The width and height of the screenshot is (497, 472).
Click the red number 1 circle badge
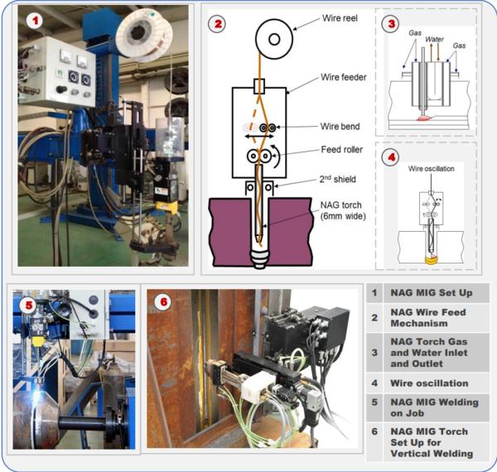tap(35, 22)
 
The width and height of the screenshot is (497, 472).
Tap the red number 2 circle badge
tap(217, 24)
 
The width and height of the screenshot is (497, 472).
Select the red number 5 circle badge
tap(29, 306)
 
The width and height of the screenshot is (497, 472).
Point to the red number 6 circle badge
tap(163, 302)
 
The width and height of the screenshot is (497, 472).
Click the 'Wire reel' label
tap(340, 18)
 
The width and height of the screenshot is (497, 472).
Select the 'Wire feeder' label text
tap(344, 77)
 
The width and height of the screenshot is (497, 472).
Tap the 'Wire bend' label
tap(340, 127)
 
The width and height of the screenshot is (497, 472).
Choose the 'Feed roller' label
tap(341, 150)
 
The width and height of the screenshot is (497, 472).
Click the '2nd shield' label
tap(338, 180)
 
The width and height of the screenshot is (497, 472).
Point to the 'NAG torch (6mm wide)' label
tap(343, 210)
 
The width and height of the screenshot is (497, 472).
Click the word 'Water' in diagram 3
tap(434, 39)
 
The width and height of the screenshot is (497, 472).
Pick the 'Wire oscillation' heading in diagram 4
tap(431, 169)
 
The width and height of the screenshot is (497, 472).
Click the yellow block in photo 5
tap(38, 341)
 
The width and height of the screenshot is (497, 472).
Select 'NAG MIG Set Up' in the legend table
tap(432, 293)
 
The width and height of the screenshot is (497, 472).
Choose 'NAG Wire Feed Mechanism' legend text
tap(428, 318)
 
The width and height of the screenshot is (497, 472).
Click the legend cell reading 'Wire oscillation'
tap(429, 383)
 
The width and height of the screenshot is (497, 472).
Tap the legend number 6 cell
tap(374, 431)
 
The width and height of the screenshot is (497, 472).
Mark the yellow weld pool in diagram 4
tap(432, 260)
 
